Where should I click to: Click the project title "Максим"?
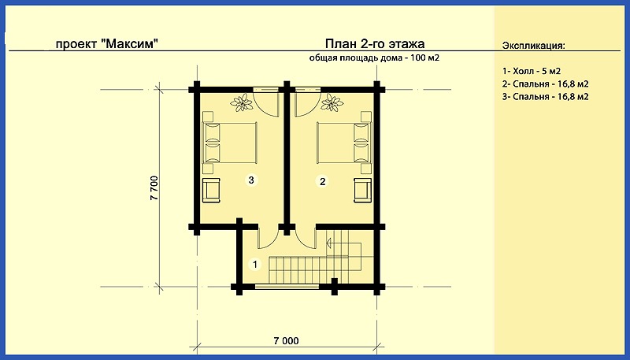click(x=128, y=44)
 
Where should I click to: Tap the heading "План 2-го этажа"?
click(x=375, y=43)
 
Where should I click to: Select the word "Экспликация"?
click(x=533, y=46)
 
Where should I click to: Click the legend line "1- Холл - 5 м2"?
click(x=531, y=72)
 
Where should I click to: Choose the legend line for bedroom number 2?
click(x=545, y=84)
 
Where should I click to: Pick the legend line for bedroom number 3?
click(x=545, y=97)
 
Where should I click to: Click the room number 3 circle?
click(x=251, y=180)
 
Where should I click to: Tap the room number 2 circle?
click(x=322, y=182)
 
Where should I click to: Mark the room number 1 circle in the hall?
click(x=254, y=265)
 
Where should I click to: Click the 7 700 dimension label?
click(x=155, y=187)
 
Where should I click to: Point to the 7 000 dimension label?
click(x=287, y=341)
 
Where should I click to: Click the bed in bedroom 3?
click(x=229, y=143)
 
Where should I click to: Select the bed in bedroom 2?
click(x=344, y=143)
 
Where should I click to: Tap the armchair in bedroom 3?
click(x=211, y=190)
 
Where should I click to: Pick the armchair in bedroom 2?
click(x=362, y=190)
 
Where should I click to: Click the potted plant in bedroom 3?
click(x=242, y=102)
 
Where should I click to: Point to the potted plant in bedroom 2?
click(x=332, y=102)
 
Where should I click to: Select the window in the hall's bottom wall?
click(x=287, y=287)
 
